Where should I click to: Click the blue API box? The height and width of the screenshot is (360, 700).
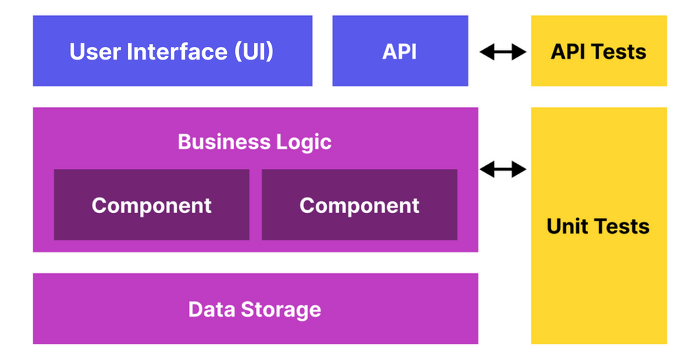tap(400, 51)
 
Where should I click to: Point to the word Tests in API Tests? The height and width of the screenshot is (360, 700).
tap(619, 51)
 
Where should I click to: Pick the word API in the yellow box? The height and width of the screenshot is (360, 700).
tap(569, 51)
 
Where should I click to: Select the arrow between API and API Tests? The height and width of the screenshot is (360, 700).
tap(503, 51)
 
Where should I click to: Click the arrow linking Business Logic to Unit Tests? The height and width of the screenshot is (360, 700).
tap(503, 169)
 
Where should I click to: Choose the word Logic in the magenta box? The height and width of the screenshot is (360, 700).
tap(302, 141)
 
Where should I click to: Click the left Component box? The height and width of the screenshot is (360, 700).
tap(151, 205)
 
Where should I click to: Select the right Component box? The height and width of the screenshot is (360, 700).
tap(359, 205)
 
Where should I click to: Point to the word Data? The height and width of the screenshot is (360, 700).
tap(211, 309)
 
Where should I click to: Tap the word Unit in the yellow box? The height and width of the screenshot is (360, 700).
tap(568, 226)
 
